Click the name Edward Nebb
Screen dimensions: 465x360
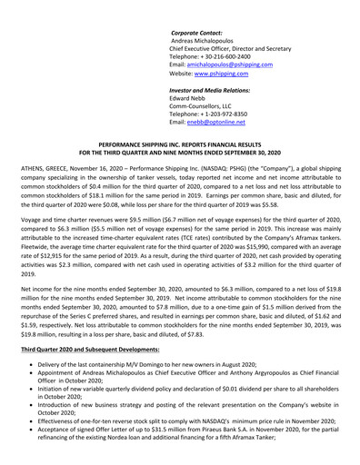tap(194, 102)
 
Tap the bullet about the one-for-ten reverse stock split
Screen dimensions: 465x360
tap(182, 433)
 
